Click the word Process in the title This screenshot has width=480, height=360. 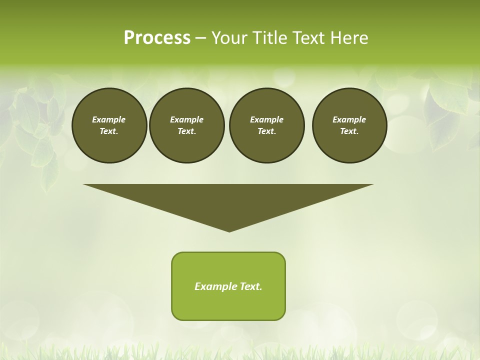click(157, 38)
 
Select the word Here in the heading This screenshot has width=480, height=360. click(349, 38)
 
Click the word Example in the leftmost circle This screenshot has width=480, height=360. click(109, 119)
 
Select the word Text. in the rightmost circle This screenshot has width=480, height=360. click(349, 131)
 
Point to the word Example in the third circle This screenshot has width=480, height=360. click(266, 119)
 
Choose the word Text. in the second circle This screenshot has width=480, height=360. click(186, 131)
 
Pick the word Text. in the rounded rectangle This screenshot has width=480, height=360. click(251, 286)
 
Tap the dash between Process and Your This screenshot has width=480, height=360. click(200, 38)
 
